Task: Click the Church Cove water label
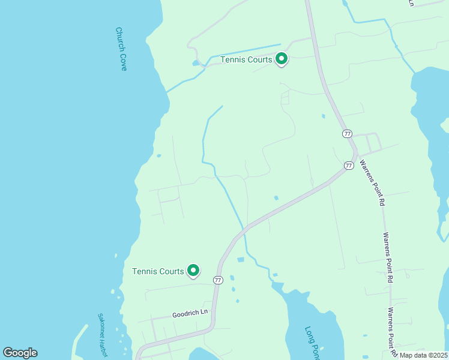121,49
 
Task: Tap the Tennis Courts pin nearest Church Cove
282,59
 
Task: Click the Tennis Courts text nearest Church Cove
246,59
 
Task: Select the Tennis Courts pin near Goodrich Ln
193,271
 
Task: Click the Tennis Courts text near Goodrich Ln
158,271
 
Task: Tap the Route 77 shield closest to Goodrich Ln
218,280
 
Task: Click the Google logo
20,353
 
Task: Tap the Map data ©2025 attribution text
424,355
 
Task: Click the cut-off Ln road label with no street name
412,3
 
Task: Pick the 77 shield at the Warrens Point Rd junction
349,165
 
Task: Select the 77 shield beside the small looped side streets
347,133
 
